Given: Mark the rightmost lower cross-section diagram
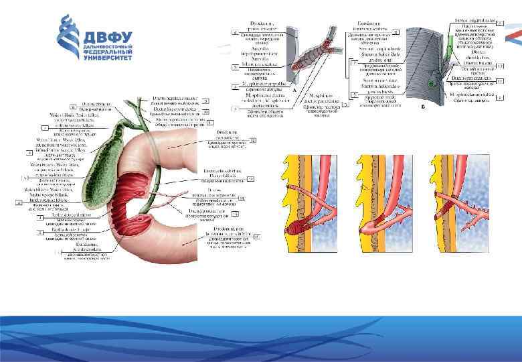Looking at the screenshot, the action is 455,204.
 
